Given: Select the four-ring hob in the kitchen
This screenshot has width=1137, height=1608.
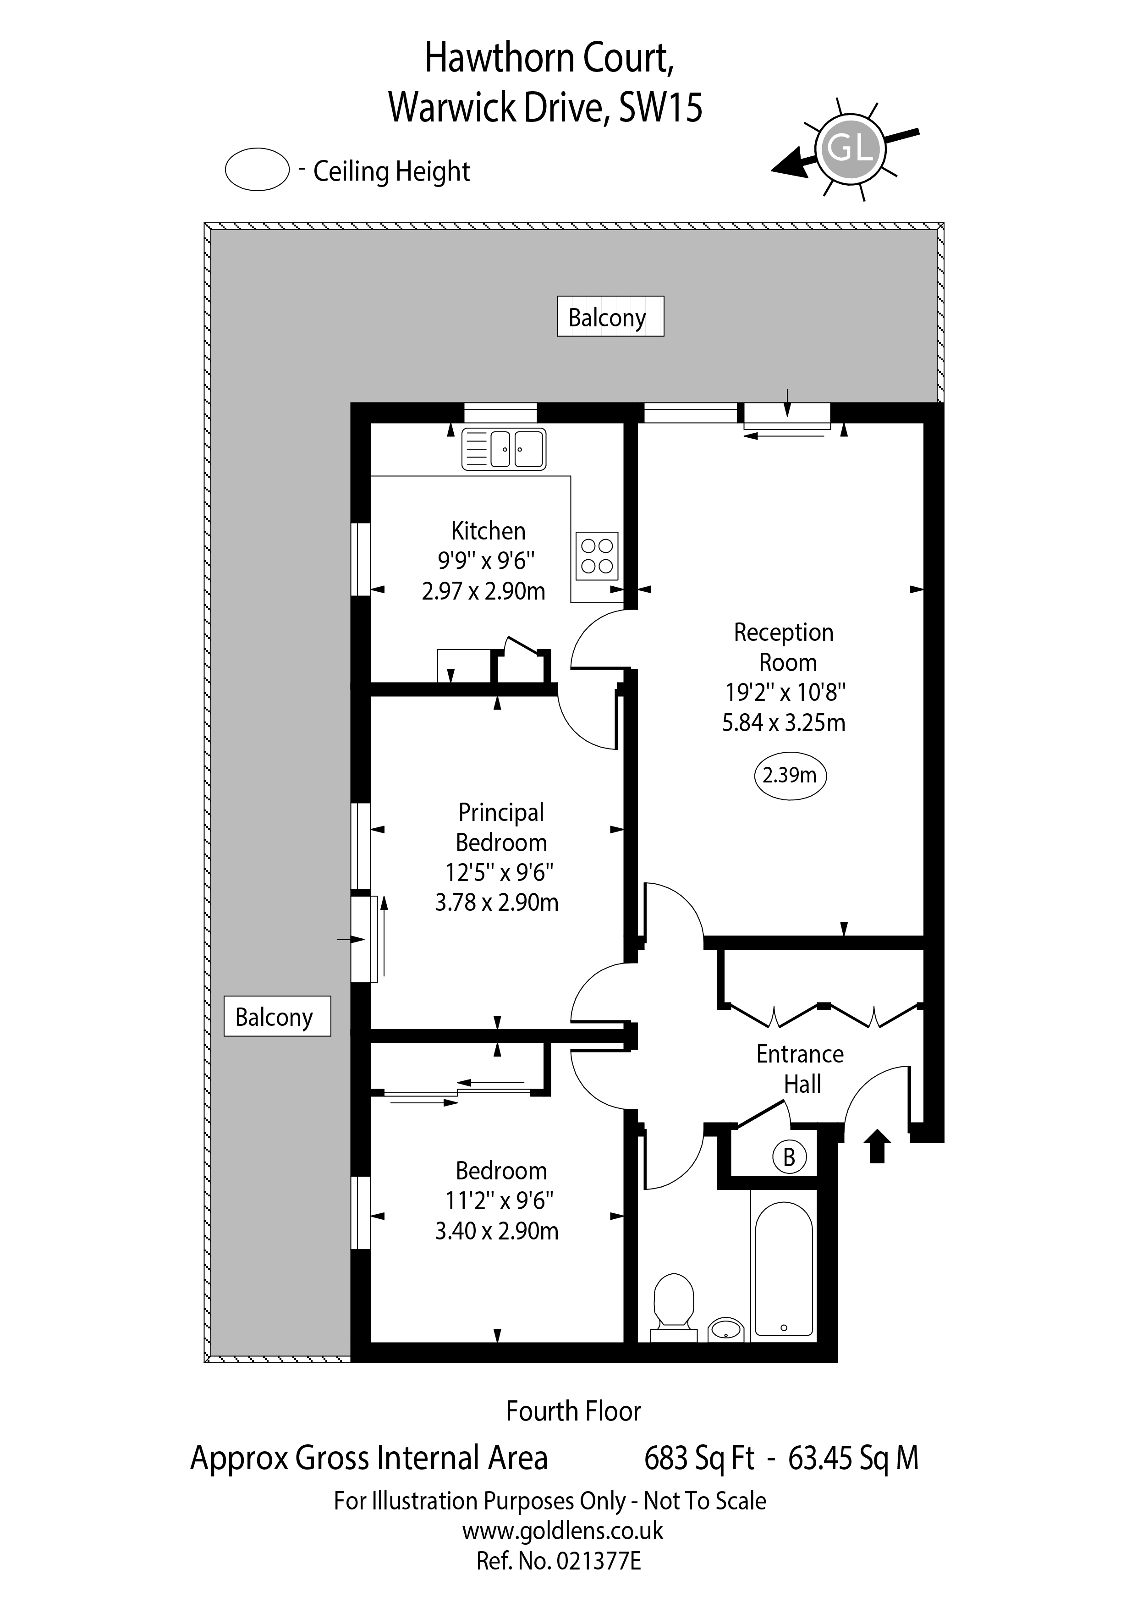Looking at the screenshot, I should [597, 556].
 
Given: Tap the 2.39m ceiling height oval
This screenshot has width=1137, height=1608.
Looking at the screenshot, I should [790, 775].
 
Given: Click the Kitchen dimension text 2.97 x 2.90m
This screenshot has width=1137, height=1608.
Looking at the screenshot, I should [484, 591].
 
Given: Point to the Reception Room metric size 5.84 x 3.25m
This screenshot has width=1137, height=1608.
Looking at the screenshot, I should [784, 722].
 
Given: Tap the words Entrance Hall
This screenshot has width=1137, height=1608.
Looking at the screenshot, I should [800, 1069].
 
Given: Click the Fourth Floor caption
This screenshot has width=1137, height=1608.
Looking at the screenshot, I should [573, 1411].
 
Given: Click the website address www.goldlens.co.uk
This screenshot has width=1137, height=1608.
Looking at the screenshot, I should [562, 1531].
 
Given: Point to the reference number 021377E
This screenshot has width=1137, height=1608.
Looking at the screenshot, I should [598, 1561].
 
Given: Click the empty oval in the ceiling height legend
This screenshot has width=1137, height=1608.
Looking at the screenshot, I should [257, 170].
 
